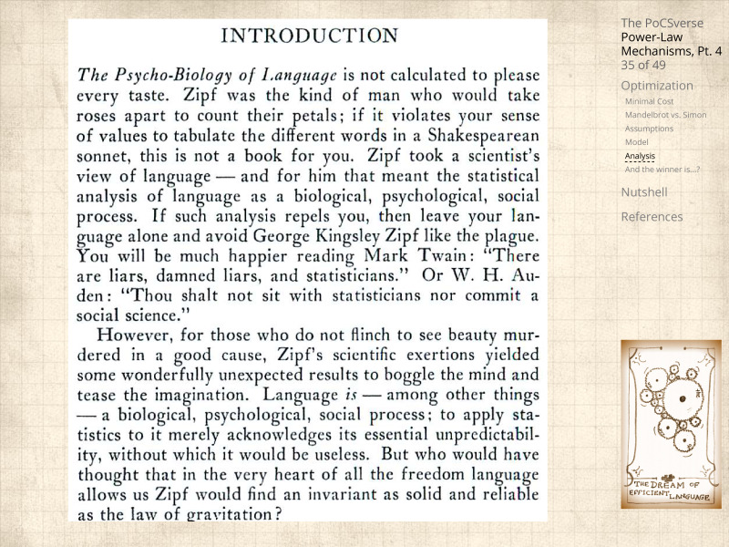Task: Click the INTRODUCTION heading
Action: pos(310,36)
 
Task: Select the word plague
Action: pos(503,235)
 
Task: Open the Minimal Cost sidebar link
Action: pos(649,101)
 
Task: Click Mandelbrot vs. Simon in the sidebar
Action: pos(665,115)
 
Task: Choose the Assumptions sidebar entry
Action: pos(649,129)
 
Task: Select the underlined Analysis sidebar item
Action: pos(640,156)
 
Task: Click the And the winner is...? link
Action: pos(662,169)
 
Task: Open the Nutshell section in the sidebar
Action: pos(643,192)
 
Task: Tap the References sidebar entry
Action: pos(651,217)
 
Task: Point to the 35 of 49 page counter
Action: pos(642,65)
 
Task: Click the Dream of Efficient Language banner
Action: pos(670,490)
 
